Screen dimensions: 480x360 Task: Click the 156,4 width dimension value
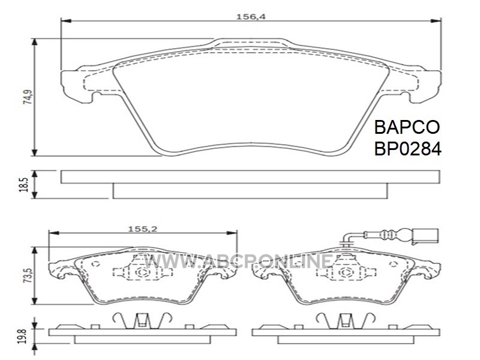(251, 17)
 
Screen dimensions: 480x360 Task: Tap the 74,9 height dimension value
(28, 97)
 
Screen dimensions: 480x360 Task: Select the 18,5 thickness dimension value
(24, 185)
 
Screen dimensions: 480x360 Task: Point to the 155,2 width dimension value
(142, 229)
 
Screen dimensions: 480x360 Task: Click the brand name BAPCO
(407, 127)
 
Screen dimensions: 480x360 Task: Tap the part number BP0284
(408, 149)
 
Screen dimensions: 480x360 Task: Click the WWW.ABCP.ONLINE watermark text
(239, 262)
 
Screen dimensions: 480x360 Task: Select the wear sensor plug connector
(425, 236)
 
